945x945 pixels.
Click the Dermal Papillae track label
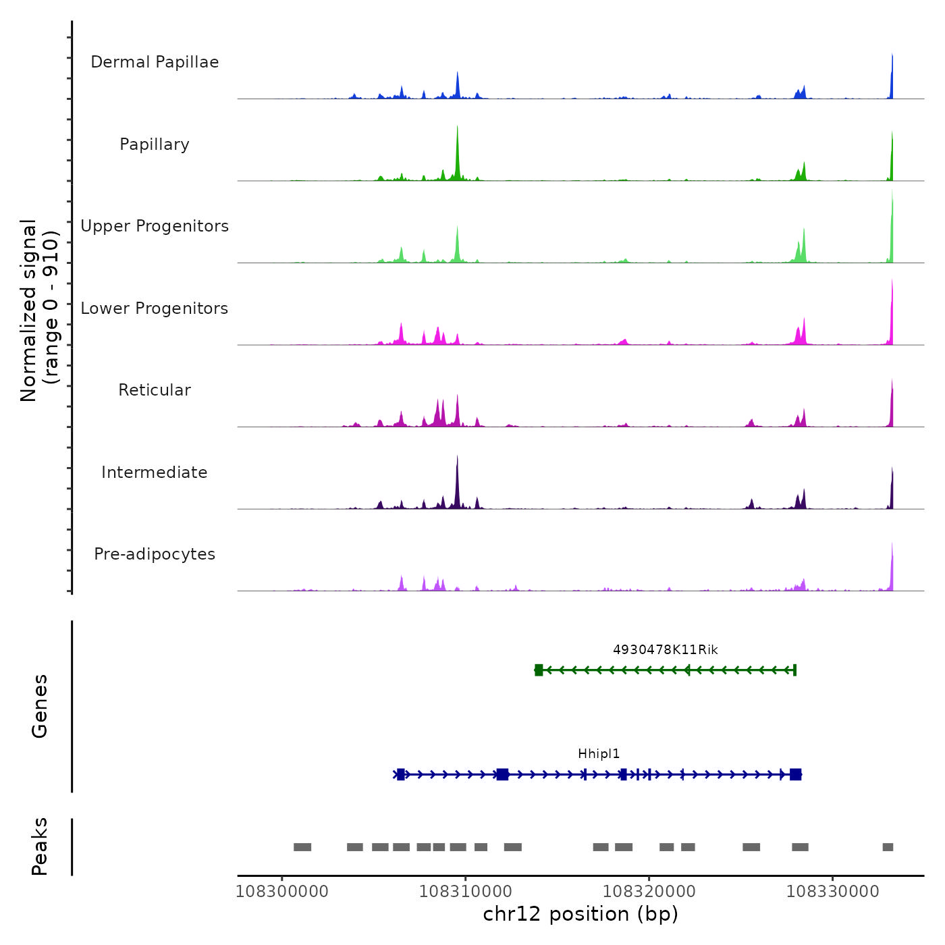click(x=155, y=62)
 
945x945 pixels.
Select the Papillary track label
click(x=155, y=144)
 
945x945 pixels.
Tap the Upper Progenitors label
click(x=155, y=226)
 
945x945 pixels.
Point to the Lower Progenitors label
click(x=155, y=308)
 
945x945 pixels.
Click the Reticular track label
click(x=155, y=390)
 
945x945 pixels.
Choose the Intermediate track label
click(x=155, y=473)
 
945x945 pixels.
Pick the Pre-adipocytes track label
click(x=155, y=554)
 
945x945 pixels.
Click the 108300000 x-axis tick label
click(x=282, y=891)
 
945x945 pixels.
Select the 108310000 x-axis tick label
click(x=466, y=891)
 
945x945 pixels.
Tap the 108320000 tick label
click(x=649, y=891)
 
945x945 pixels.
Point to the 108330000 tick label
click(x=833, y=891)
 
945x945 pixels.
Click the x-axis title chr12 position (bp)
click(x=580, y=914)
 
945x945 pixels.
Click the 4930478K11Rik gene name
click(x=665, y=650)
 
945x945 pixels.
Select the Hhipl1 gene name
click(x=599, y=754)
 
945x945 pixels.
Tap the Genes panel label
click(x=40, y=706)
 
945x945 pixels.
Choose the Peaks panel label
click(x=40, y=846)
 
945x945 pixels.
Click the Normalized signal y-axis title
click(x=39, y=310)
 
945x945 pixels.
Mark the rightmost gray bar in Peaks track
click(x=888, y=847)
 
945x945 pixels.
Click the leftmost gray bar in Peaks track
click(x=302, y=847)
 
